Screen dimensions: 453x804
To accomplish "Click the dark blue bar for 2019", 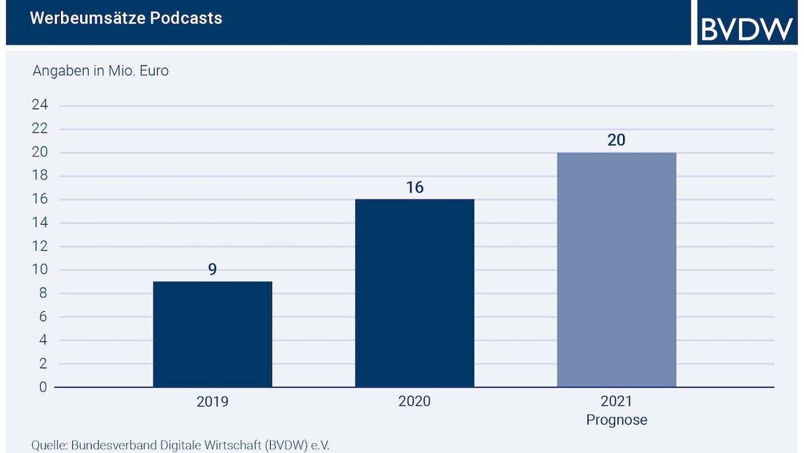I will (212, 334).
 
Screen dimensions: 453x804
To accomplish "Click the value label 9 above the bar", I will (212, 270).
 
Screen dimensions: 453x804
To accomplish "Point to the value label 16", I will (415, 187).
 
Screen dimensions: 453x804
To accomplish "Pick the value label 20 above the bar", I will (616, 141).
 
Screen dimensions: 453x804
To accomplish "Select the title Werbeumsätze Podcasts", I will (126, 18).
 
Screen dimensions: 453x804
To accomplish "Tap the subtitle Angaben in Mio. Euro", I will (100, 70).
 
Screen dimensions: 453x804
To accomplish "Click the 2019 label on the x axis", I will (212, 401).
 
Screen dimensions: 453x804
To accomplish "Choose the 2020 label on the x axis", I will (415, 401).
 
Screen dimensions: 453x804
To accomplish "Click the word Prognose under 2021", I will (616, 420).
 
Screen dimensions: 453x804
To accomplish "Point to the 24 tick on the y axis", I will (40, 106).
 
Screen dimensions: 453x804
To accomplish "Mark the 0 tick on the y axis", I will (44, 387).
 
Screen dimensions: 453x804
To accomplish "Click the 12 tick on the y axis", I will (40, 246).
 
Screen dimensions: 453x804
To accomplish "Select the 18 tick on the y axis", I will (40, 176).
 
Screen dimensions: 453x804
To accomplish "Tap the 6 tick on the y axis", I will (44, 317).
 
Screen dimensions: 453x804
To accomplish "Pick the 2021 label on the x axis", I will (616, 401).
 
